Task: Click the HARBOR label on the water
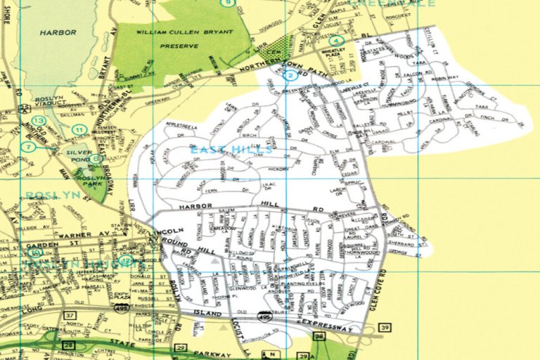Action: coord(58,32)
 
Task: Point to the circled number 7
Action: coord(28,147)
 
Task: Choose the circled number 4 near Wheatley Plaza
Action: coord(338,41)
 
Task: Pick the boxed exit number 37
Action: coord(70,316)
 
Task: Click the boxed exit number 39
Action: coord(384,328)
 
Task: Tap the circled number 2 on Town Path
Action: coord(289,75)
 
